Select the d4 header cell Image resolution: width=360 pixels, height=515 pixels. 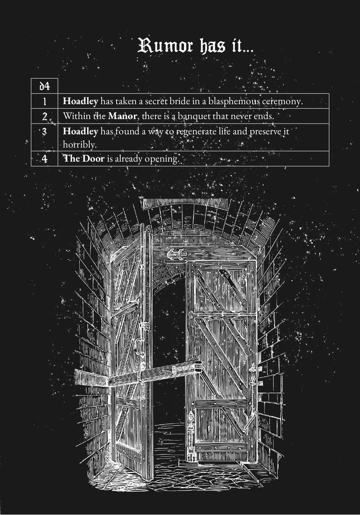coord(45,86)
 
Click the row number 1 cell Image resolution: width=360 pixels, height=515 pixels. coord(45,101)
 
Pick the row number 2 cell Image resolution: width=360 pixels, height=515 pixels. coord(45,116)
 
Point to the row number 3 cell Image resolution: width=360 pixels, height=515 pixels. coord(45,137)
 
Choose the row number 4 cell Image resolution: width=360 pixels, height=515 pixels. coord(45,159)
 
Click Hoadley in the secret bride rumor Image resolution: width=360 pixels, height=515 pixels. coord(81,101)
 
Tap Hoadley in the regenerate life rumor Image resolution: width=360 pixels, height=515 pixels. coord(81,131)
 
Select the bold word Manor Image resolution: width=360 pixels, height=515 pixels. coord(122,116)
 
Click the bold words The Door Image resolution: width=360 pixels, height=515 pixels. coord(83,159)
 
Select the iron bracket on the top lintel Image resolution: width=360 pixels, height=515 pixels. coord(176,254)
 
